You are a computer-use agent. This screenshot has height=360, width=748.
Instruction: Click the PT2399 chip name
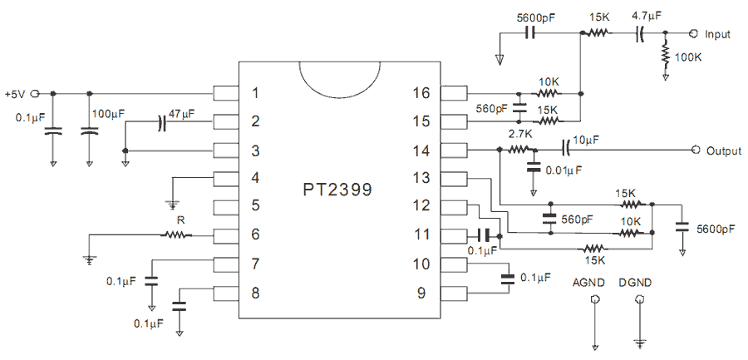[337, 190]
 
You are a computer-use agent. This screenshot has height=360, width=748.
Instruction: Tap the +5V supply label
[15, 95]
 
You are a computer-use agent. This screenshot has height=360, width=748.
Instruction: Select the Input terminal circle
[692, 33]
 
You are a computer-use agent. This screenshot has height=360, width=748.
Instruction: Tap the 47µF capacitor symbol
[162, 123]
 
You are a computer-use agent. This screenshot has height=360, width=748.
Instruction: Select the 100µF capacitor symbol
[89, 130]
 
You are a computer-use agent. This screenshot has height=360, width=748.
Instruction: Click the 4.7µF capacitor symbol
[640, 33]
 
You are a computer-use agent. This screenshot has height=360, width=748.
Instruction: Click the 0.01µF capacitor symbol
[534, 168]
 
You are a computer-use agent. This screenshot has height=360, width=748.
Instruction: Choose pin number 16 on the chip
[421, 93]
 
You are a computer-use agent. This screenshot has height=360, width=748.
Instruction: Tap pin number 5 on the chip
[255, 206]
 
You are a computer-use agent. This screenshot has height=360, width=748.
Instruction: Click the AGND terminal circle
[594, 299]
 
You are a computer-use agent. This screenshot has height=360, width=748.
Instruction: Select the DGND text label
[634, 283]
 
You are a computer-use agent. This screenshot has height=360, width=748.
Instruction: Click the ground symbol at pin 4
[173, 205]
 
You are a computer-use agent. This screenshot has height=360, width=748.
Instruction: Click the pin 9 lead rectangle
[454, 293]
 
